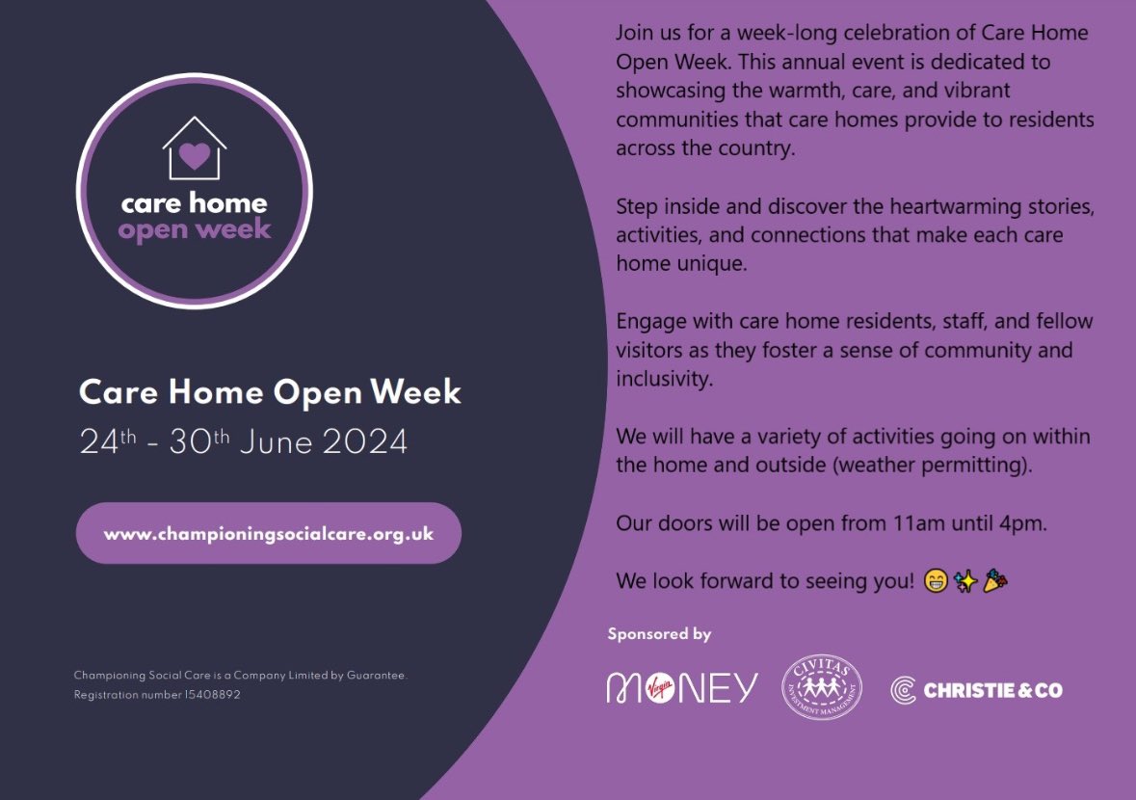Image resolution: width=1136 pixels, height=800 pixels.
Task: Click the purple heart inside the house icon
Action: coord(194,155)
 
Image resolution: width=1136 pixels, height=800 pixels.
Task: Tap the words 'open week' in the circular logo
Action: coord(195,230)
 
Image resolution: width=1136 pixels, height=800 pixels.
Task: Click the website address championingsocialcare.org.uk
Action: coord(269,533)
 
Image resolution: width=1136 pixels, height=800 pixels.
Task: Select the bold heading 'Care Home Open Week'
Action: coord(270,392)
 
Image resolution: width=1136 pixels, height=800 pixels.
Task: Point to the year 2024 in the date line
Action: coord(365,442)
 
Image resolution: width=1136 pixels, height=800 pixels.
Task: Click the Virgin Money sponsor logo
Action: coord(682,687)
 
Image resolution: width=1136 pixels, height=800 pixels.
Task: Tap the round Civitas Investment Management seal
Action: coord(822,687)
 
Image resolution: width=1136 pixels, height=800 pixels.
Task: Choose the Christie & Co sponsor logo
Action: coord(976,689)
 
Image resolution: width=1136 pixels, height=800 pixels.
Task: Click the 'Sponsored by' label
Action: coord(659,634)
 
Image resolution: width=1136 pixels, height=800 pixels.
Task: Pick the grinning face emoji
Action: coord(935,581)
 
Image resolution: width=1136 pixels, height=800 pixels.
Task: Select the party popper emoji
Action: coord(995,581)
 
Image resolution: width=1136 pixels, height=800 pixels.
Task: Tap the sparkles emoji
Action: coord(965,581)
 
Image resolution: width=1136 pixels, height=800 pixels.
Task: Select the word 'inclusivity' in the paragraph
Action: coord(664,379)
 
